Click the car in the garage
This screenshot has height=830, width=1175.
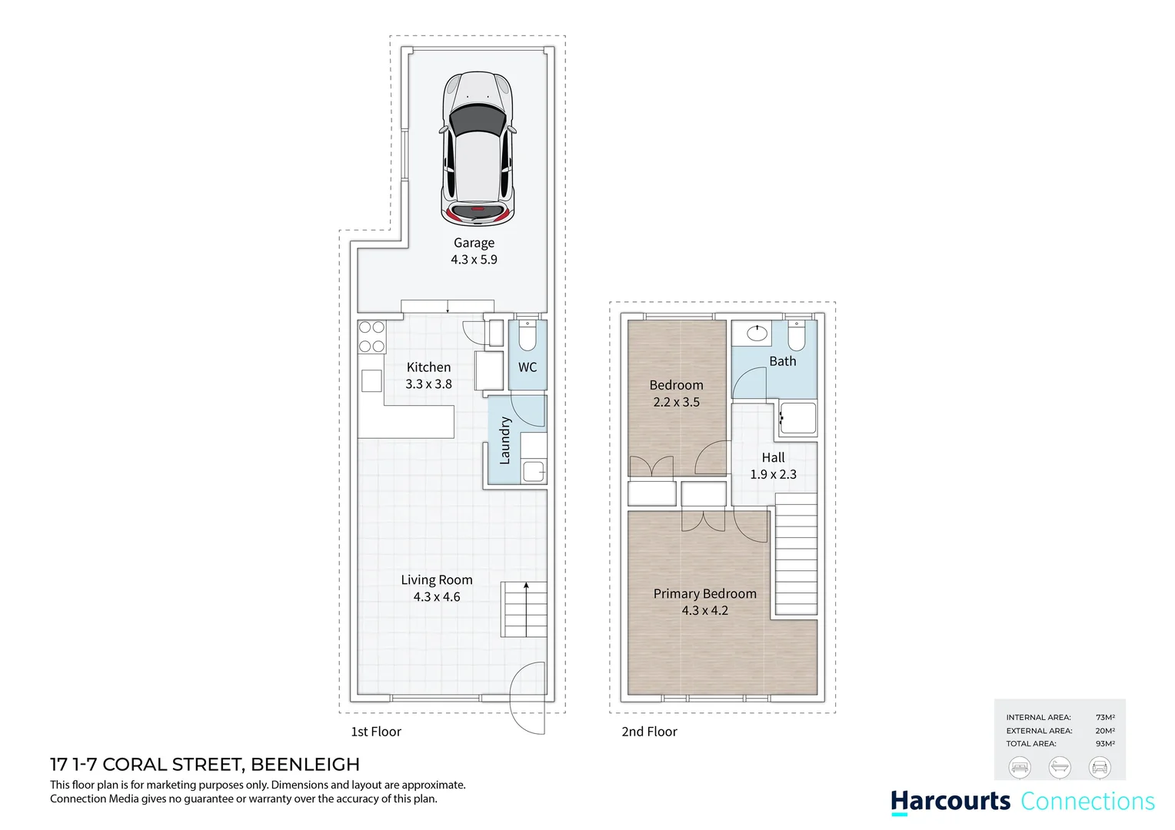[x=476, y=149]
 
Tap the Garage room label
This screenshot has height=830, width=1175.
[x=474, y=243]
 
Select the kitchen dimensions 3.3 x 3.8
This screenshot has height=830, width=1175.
[x=428, y=384]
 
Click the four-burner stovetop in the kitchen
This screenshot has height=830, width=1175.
[x=371, y=337]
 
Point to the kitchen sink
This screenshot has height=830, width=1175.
[x=371, y=380]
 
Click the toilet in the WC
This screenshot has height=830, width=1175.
[x=528, y=336]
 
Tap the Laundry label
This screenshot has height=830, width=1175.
[x=504, y=440]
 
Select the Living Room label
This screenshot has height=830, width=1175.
[x=436, y=580]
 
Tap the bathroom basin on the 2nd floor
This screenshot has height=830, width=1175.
[x=757, y=334]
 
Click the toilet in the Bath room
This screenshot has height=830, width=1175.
[x=797, y=336]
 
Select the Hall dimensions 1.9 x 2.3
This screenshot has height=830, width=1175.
[x=773, y=475]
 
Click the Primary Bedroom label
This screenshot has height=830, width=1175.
[x=704, y=594]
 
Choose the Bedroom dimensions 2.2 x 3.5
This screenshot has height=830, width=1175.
[x=676, y=402]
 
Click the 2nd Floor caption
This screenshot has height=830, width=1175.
[x=649, y=732]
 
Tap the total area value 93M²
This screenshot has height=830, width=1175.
[x=1105, y=744]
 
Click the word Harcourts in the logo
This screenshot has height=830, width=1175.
[x=950, y=802]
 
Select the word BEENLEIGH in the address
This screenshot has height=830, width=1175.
[x=305, y=765]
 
